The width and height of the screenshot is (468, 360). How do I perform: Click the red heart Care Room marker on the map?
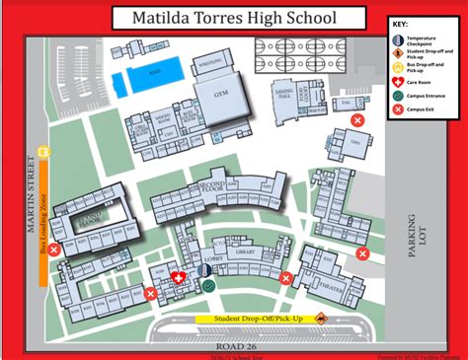[x=179, y=278]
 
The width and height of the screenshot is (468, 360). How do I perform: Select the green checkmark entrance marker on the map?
[x=209, y=286]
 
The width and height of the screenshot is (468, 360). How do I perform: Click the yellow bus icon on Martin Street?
[x=41, y=151]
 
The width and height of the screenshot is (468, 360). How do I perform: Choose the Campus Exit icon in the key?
[x=395, y=110]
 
